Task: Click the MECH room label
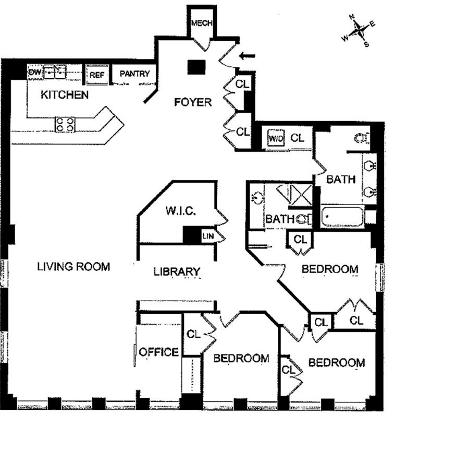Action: (x=200, y=23)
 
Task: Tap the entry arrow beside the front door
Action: (x=248, y=55)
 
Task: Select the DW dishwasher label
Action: (x=35, y=72)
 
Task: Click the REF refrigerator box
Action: (x=97, y=75)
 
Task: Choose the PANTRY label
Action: (x=134, y=74)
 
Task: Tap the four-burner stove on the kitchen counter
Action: (x=65, y=124)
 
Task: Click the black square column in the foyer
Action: (x=196, y=67)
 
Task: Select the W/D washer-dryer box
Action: (x=275, y=138)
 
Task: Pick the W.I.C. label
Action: (x=180, y=211)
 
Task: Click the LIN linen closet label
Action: (x=207, y=236)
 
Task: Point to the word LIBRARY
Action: (x=177, y=271)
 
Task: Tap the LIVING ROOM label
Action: (x=73, y=266)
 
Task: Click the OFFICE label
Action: (x=159, y=352)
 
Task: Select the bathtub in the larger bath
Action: (x=342, y=217)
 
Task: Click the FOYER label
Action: (x=193, y=102)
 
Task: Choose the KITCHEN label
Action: (x=65, y=95)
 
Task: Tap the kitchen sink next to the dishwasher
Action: (x=55, y=72)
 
